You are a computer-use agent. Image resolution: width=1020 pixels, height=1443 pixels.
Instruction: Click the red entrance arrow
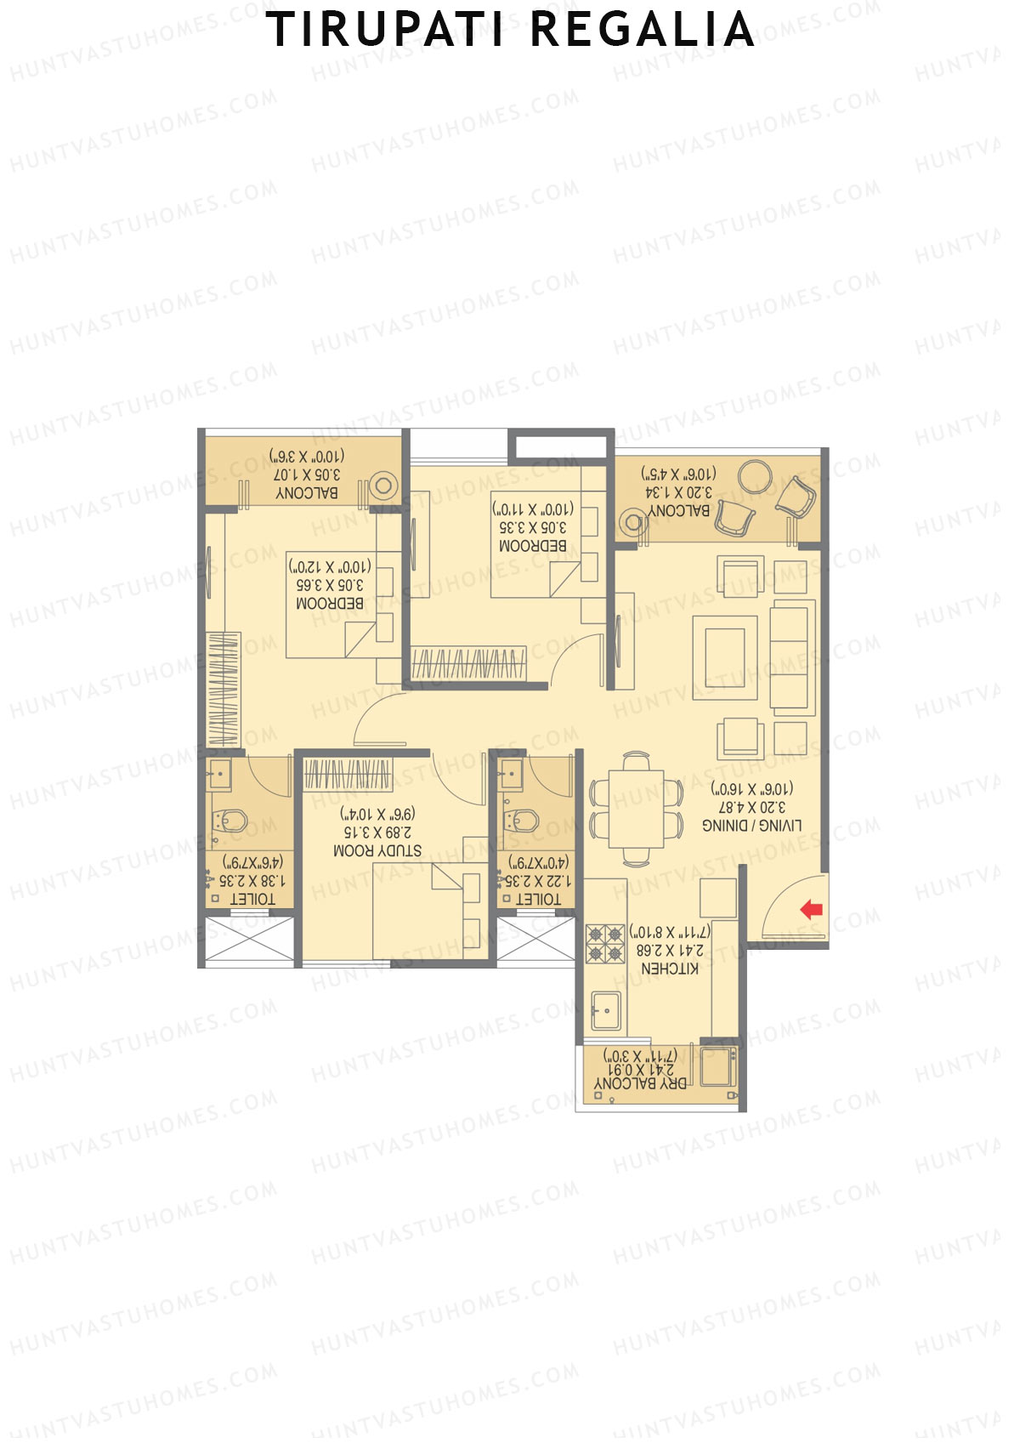click(811, 909)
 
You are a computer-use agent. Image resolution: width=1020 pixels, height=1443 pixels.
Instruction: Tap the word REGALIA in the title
click(643, 31)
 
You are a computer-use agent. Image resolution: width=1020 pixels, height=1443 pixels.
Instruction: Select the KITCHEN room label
click(670, 969)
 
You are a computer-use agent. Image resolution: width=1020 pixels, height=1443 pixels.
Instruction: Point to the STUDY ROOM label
click(377, 850)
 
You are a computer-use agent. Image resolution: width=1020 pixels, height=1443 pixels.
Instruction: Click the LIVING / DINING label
click(751, 825)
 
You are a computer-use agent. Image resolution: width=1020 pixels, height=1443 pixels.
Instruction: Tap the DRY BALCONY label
click(640, 1084)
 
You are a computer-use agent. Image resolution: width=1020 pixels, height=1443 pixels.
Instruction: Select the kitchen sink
click(606, 1011)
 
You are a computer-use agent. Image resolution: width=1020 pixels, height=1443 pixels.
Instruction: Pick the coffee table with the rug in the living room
click(724, 657)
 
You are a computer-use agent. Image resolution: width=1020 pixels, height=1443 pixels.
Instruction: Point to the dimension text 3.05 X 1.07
click(307, 474)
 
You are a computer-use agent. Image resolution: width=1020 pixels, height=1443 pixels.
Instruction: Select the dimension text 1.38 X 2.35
click(252, 881)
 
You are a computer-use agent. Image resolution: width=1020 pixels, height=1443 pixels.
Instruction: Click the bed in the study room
click(429, 910)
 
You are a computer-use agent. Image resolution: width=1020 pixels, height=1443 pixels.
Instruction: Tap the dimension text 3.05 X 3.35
click(533, 527)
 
